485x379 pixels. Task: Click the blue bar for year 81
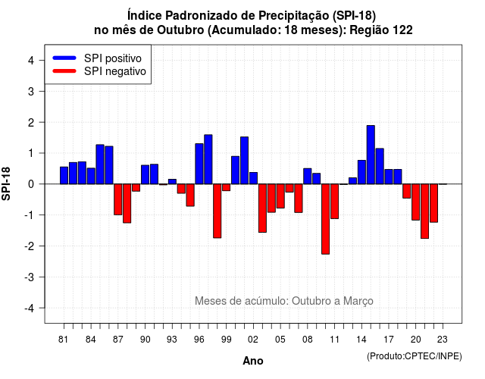click(64, 175)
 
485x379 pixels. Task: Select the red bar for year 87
click(118, 199)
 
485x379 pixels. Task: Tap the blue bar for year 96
click(199, 164)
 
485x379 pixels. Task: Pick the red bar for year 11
click(335, 202)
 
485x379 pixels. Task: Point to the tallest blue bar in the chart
click(371, 155)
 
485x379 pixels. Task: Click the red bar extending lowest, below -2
click(325, 219)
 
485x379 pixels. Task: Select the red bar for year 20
click(416, 202)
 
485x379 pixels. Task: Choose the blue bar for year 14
click(361, 172)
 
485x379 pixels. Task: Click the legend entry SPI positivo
click(113, 58)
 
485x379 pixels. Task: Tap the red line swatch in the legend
click(64, 70)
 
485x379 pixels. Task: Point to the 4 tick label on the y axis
click(31, 61)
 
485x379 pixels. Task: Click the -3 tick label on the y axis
click(30, 277)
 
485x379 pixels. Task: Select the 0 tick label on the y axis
click(31, 184)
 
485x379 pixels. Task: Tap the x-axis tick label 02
click(253, 340)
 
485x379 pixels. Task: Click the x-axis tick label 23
click(443, 340)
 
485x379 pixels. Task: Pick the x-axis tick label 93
click(172, 340)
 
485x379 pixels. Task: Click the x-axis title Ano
click(253, 361)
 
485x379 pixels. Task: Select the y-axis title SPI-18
click(6, 183)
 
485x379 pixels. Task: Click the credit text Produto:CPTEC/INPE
click(415, 356)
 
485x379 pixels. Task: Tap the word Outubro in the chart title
click(180, 30)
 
